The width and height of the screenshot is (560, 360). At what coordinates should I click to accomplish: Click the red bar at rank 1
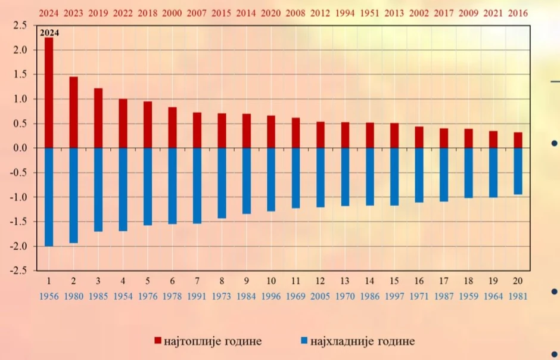(49, 93)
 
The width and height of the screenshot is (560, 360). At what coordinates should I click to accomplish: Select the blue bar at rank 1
(49, 197)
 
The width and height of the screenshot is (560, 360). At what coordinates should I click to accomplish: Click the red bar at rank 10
(271, 132)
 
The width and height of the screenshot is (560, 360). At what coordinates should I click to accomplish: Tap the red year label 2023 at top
(73, 12)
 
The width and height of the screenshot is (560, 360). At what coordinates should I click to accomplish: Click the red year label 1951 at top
(369, 12)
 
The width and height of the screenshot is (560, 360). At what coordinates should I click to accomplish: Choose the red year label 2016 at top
(518, 12)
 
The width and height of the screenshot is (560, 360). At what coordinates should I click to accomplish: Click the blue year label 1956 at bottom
(49, 296)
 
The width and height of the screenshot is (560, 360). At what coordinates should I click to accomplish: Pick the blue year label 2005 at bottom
(320, 296)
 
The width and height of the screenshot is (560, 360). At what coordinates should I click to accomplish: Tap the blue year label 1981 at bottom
(518, 296)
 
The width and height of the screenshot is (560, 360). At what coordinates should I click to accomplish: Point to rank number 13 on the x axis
(345, 281)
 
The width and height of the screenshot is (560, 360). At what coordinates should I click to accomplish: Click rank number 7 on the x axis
(197, 281)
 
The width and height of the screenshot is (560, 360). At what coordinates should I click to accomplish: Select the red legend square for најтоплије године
(158, 341)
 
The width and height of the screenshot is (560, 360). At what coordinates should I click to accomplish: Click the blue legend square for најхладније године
(304, 341)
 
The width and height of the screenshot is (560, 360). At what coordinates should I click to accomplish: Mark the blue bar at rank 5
(148, 187)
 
